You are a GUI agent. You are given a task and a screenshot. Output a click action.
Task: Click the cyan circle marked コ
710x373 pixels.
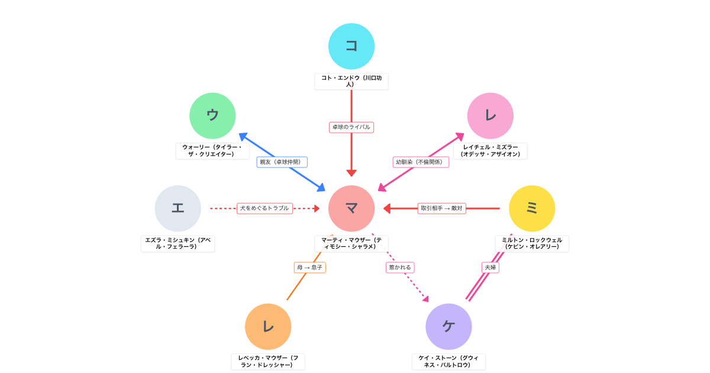tap(351, 46)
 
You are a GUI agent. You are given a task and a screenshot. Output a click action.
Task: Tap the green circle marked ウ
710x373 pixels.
tap(212, 115)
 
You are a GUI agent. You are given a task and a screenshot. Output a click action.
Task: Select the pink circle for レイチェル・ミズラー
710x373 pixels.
tap(490, 115)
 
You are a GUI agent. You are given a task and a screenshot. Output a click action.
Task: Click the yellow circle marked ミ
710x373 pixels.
tap(532, 208)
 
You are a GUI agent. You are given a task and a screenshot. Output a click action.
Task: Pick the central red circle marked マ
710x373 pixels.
tap(351, 208)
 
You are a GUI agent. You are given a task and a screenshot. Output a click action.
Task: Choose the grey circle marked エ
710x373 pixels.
tap(177, 208)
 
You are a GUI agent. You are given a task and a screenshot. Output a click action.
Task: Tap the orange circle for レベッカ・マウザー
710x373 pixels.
tap(268, 326)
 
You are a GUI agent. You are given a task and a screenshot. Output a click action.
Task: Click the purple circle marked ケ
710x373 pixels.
tap(448, 326)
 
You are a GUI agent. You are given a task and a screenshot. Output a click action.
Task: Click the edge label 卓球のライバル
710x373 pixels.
tap(351, 127)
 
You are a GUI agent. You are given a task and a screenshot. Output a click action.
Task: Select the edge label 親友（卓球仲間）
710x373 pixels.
tap(282, 162)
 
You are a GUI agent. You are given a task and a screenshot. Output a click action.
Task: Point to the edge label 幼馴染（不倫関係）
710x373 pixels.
tap(421, 162)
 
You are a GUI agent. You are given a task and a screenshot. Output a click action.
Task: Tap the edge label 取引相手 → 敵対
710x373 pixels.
tap(441, 208)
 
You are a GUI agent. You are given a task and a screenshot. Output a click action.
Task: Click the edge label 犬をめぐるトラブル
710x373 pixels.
tap(264, 208)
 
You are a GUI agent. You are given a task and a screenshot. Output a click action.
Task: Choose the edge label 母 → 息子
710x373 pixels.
tap(310, 268)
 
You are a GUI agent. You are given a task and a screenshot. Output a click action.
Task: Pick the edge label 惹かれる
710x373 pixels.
tap(400, 268)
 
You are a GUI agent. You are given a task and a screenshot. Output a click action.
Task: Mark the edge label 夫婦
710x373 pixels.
tap(490, 268)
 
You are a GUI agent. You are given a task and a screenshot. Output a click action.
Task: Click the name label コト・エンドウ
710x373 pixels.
tap(351, 81)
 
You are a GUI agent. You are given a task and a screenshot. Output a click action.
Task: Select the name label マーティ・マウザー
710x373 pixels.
tap(351, 243)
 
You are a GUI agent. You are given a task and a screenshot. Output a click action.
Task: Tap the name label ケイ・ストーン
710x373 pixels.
tap(448, 361)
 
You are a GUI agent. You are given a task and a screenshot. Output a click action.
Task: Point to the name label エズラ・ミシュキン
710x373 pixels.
tap(177, 243)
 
